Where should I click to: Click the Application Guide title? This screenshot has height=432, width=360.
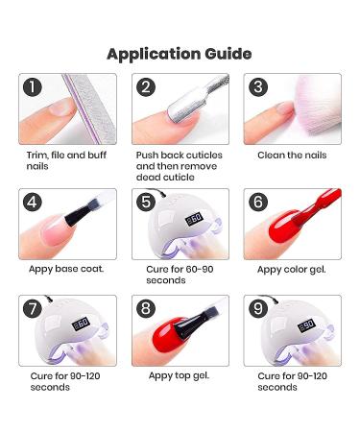(x=180, y=54)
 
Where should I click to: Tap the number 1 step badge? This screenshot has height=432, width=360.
(x=33, y=87)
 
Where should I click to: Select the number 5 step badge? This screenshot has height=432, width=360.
(x=146, y=202)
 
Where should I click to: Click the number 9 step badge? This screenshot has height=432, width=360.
(x=258, y=308)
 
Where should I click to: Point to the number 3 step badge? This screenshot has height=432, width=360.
(x=258, y=87)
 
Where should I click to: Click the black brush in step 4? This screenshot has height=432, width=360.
(x=81, y=213)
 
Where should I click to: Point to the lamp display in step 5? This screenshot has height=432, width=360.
(x=195, y=219)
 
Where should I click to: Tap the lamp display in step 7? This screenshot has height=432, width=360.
(x=81, y=324)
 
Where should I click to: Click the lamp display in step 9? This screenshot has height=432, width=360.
(x=306, y=325)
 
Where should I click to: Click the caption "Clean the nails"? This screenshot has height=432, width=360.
(x=292, y=156)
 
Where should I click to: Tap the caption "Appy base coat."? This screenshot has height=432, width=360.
(x=66, y=269)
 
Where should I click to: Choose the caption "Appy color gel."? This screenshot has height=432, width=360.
(x=292, y=270)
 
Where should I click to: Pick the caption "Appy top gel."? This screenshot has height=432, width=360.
(x=179, y=375)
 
